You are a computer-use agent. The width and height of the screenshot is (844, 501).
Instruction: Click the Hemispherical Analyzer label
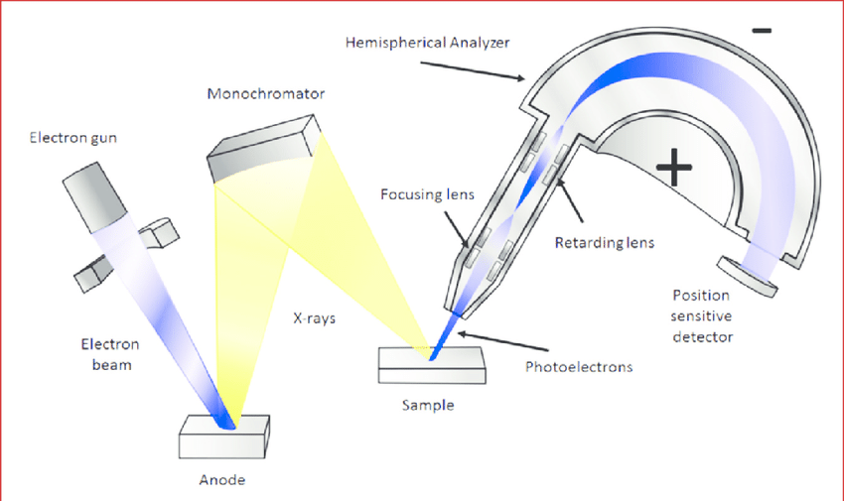pos(427,43)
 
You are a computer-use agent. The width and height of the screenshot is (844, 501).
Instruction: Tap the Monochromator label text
pos(266,94)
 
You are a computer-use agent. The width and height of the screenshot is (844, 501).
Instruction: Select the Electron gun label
pos(73,138)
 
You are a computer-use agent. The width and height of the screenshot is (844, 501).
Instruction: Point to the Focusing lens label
pos(427,194)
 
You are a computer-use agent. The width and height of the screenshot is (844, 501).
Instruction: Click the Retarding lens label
pos(605,243)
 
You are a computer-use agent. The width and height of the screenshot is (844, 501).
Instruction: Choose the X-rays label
pos(315,318)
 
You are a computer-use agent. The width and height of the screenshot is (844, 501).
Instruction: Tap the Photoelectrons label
pos(579,367)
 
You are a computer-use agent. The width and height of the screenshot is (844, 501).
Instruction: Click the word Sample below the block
pos(428,405)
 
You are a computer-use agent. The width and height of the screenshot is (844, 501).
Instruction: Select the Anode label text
pos(222,479)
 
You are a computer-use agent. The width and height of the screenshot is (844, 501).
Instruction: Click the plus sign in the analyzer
pos(674,168)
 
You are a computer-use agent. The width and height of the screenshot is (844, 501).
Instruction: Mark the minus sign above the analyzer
pos(762,31)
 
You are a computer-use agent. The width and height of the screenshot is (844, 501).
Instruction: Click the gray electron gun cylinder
pos(94,197)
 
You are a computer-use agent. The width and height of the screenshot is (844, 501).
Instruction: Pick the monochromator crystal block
pos(264,149)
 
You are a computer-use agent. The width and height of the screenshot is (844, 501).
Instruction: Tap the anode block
pos(224,438)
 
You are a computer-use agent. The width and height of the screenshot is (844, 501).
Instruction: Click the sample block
pos(432,365)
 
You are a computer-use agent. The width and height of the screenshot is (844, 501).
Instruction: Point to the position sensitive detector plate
pos(748,277)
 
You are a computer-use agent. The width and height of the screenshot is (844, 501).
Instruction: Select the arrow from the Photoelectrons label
pos(502,342)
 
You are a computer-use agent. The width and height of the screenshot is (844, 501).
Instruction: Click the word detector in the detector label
pos(702,337)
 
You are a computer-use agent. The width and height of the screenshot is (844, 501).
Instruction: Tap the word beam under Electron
pos(111,365)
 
